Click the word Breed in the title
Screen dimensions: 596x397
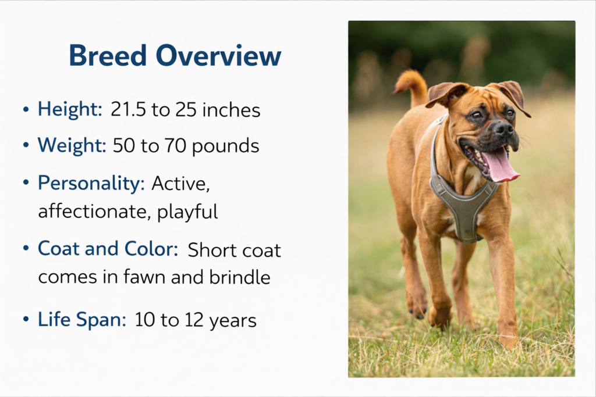tap(108, 55)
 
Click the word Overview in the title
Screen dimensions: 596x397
tap(219, 55)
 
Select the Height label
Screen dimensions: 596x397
tap(70, 109)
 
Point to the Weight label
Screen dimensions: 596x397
tap(72, 145)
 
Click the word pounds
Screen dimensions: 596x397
tap(225, 146)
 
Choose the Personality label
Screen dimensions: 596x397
tap(91, 183)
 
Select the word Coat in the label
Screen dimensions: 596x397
tap(59, 249)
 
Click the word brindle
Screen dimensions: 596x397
tap(240, 277)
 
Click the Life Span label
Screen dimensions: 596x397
tap(81, 319)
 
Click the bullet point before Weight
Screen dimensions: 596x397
tap(26, 146)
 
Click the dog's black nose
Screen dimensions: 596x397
tap(505, 128)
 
